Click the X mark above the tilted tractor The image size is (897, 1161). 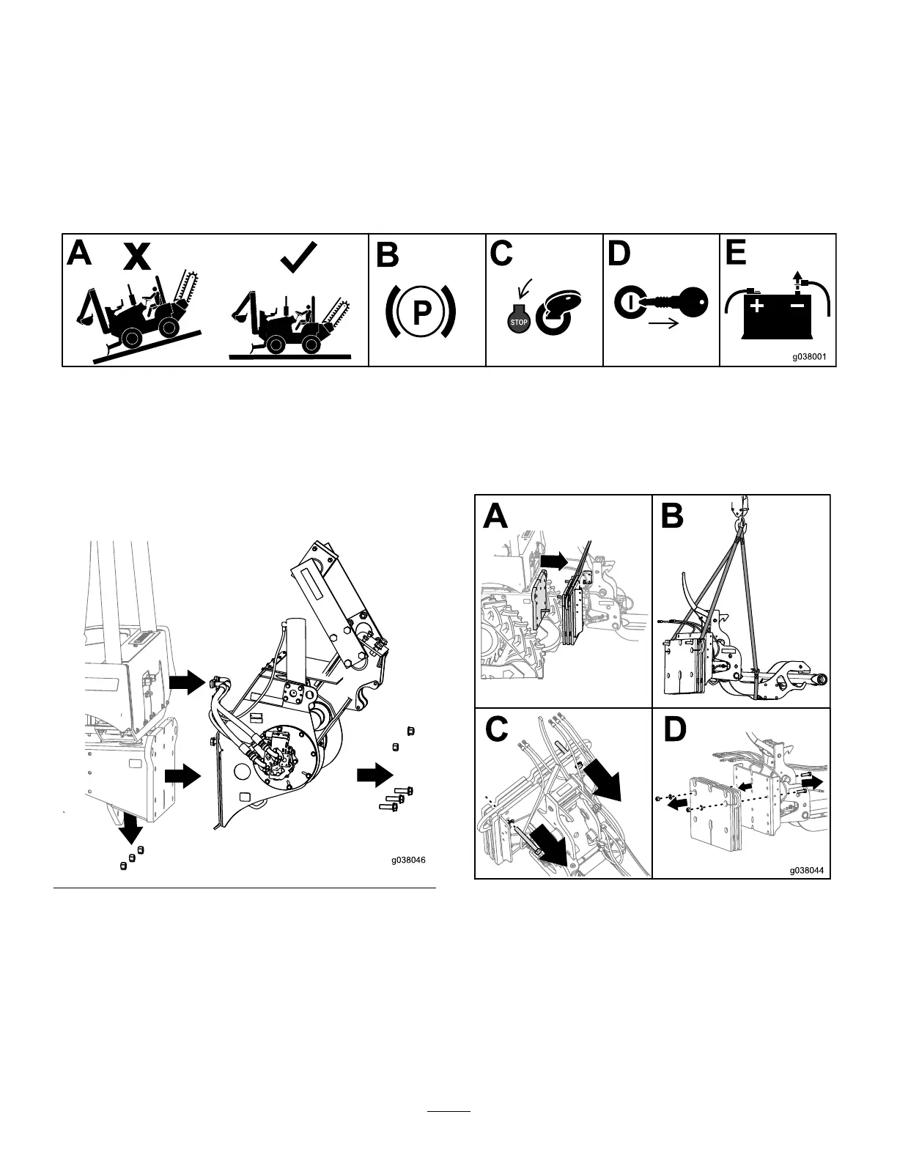[137, 257]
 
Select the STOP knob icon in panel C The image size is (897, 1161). [519, 321]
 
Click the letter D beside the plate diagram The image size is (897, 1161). [674, 729]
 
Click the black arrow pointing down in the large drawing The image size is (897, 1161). [130, 825]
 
